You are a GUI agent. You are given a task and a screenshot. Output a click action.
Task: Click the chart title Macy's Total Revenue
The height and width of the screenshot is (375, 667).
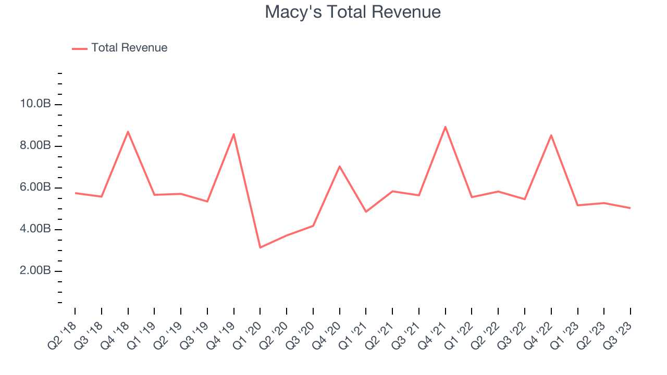click(353, 12)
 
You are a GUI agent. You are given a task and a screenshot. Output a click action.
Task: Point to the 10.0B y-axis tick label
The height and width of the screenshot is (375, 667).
click(35, 104)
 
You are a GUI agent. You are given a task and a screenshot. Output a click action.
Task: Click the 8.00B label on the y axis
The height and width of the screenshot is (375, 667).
click(35, 146)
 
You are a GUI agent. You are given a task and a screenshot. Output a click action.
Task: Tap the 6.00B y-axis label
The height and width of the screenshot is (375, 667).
click(35, 187)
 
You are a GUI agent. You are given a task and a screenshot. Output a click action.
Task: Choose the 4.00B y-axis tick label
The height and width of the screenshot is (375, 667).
click(35, 229)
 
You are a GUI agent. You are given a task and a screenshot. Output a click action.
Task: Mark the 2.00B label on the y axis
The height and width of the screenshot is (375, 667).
click(35, 271)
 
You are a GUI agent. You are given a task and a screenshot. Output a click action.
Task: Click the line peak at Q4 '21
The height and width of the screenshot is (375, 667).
click(445, 127)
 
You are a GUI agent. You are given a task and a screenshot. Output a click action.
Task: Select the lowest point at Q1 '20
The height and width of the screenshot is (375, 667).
click(260, 247)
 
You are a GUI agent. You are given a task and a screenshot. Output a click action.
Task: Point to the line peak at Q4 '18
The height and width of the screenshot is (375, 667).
click(128, 132)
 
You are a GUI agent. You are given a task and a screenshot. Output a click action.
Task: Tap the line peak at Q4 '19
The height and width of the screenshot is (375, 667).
click(234, 134)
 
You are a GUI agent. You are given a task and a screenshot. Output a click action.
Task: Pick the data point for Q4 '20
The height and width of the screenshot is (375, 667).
click(339, 166)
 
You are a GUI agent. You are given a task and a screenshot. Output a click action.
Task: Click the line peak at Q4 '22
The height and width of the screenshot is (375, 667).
click(551, 135)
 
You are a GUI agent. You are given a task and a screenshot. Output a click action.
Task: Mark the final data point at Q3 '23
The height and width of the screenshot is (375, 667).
click(630, 208)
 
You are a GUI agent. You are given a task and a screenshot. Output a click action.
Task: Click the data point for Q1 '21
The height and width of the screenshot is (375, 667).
click(366, 211)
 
